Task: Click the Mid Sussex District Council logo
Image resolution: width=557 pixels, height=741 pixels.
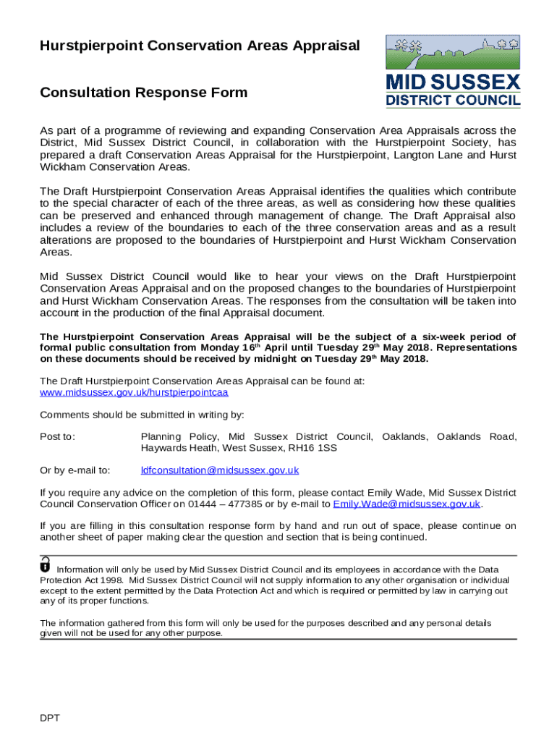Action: [x=453, y=71]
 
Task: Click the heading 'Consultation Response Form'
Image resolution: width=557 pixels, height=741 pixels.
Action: [x=143, y=93]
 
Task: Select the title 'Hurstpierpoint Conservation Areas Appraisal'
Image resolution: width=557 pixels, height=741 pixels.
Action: [x=200, y=46]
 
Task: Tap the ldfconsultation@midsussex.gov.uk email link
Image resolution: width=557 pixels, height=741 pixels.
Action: [x=219, y=470]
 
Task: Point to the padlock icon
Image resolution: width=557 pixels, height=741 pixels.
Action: [x=46, y=564]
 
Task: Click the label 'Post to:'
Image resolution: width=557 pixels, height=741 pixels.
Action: [x=58, y=437]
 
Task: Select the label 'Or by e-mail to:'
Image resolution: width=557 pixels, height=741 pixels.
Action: [x=75, y=470]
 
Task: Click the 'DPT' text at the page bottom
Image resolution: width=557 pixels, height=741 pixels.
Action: [x=50, y=718]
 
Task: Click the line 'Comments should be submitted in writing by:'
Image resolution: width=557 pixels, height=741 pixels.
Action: [x=142, y=415]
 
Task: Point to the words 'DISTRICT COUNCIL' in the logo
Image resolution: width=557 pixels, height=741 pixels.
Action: [x=453, y=101]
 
